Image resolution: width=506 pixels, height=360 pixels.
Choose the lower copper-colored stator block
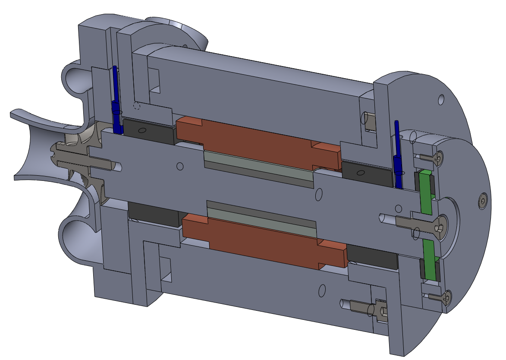pyautogui.click(x=263, y=244)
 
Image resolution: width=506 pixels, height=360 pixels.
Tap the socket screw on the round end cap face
pyautogui.click(x=482, y=200)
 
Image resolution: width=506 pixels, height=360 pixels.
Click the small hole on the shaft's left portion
pyautogui.click(x=180, y=166)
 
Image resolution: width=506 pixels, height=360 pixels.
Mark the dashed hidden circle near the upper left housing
pyautogui.click(x=137, y=106)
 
